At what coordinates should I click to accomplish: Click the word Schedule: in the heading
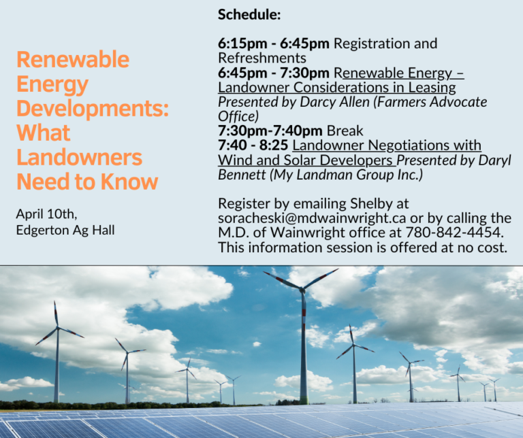click(x=249, y=14)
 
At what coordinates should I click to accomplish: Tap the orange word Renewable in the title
click(x=73, y=59)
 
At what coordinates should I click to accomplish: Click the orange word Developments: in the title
click(x=93, y=109)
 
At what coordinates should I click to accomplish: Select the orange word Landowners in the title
click(x=79, y=157)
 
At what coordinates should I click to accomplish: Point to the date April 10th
click(x=47, y=214)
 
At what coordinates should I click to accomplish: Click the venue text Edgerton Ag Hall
click(x=65, y=230)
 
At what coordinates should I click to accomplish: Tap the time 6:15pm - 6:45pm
click(x=274, y=44)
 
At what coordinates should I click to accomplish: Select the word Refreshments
click(x=262, y=58)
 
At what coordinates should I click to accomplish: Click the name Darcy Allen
click(x=334, y=102)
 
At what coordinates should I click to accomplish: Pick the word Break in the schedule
click(x=345, y=131)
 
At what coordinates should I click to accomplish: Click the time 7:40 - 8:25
click(x=253, y=146)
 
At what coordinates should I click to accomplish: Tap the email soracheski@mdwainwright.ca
click(x=312, y=218)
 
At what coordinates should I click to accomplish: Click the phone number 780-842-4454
click(x=454, y=233)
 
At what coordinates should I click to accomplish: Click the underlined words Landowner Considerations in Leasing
click(x=337, y=87)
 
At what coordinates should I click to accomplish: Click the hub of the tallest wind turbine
click(x=302, y=289)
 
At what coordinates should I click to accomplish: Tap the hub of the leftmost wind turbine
click(x=58, y=328)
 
